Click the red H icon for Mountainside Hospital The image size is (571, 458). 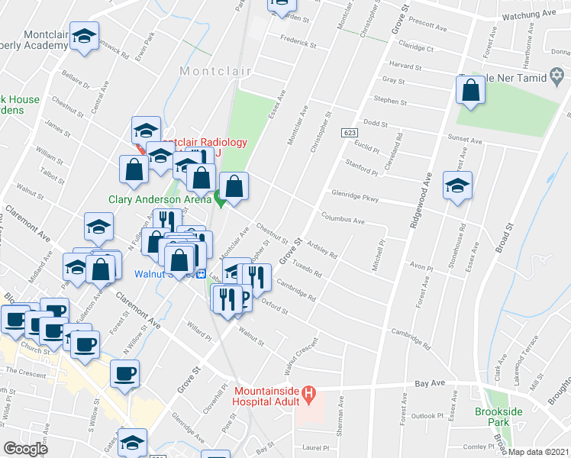[308, 395]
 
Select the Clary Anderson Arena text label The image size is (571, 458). [159, 200]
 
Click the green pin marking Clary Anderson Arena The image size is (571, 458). [219, 201]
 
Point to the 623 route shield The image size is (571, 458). [350, 133]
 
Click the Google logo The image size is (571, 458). [25, 449]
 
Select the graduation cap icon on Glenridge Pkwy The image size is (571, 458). [458, 186]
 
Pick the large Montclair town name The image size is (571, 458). [215, 71]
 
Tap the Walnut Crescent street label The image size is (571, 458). [300, 356]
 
